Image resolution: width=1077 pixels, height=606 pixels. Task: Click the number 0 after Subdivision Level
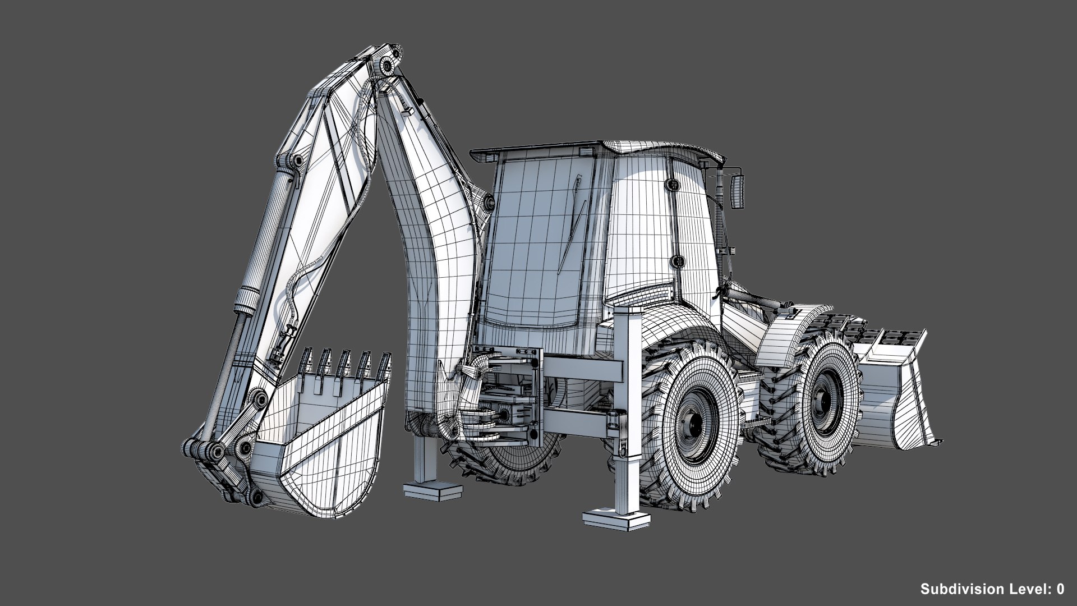(x=1060, y=589)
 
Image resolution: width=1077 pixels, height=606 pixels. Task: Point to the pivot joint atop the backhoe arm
(x=388, y=65)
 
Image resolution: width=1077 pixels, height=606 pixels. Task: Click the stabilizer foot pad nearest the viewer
(x=611, y=520)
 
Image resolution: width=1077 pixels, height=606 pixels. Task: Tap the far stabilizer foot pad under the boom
(x=434, y=492)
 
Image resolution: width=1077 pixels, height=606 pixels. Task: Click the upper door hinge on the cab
(x=671, y=183)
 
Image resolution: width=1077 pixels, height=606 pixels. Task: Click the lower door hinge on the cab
(x=677, y=261)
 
